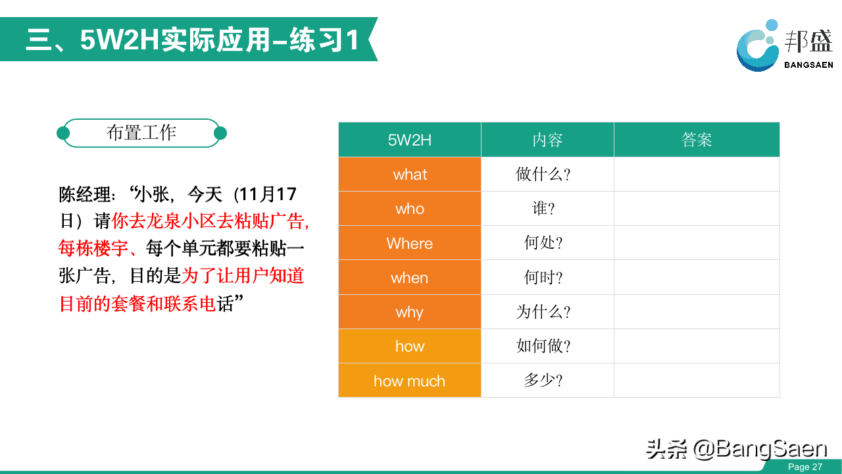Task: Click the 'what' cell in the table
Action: pos(410,174)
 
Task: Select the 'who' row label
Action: pos(410,209)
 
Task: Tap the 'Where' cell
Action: pos(410,243)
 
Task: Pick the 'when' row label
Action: pos(410,278)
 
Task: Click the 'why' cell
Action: pos(410,312)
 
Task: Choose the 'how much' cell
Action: pos(410,381)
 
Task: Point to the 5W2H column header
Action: pos(410,140)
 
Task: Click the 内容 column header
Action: pos(547,140)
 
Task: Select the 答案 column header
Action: pos(697,140)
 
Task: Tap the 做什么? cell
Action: pos(547,174)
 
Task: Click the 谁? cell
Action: pos(547,209)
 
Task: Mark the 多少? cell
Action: pos(547,381)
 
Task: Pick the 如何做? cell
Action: pos(547,346)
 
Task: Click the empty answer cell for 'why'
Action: pos(697,312)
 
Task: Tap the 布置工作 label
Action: pos(141,133)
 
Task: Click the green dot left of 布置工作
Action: pos(63,133)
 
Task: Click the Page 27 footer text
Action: pos(805,467)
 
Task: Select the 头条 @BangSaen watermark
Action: pos(737,449)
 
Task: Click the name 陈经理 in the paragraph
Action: pos(86,195)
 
